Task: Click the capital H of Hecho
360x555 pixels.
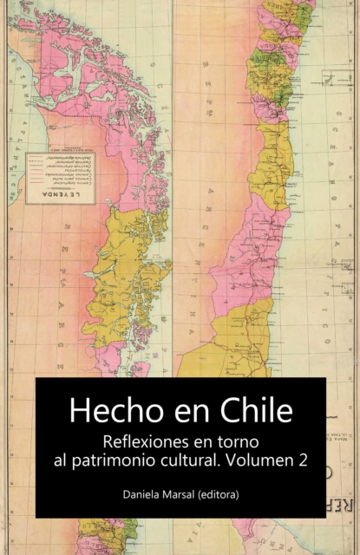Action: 79,410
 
